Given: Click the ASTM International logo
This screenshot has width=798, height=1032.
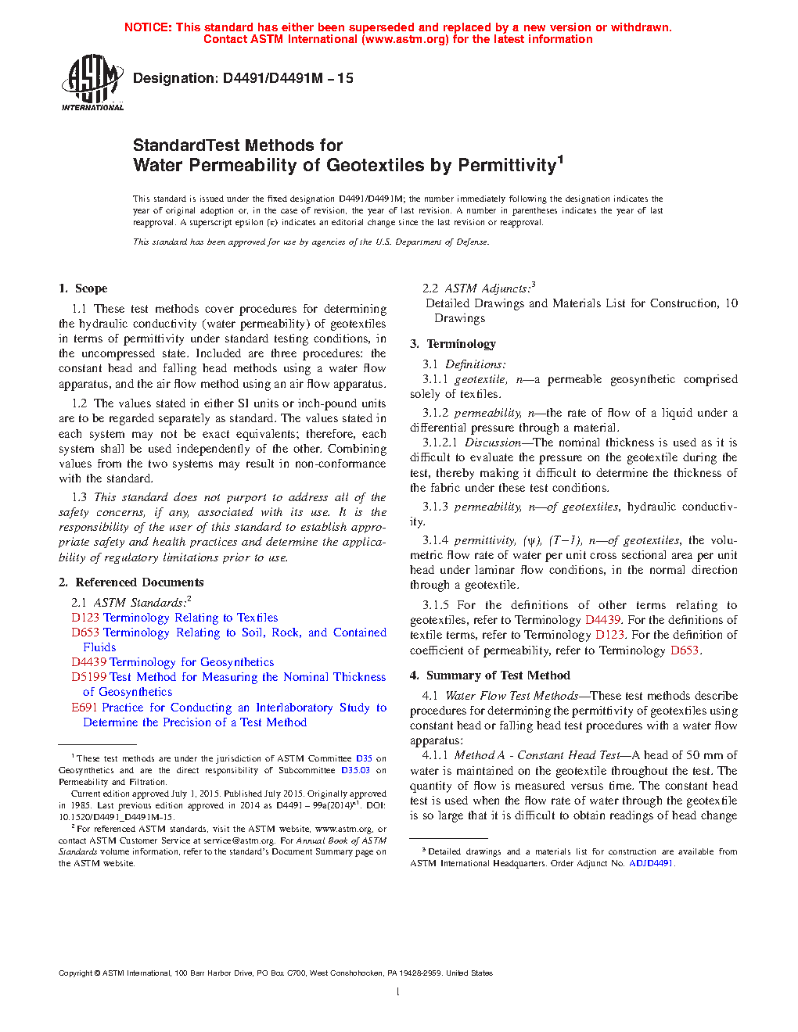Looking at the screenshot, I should (92, 81).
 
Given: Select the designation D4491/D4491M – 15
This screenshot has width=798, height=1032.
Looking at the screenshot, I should (288, 78).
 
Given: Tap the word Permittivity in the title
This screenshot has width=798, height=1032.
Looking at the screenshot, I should (506, 166).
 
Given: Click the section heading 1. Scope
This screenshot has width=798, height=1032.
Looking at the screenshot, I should (83, 288).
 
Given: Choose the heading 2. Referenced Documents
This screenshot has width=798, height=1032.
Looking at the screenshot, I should (131, 582).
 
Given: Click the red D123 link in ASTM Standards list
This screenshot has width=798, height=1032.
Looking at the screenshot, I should (85, 618).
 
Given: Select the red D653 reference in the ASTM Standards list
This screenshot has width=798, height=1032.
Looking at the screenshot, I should (85, 632).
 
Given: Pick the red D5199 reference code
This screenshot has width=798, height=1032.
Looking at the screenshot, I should (89, 677).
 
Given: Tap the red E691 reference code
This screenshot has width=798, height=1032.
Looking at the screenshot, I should (84, 708).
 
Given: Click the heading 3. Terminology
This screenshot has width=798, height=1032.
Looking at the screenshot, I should (453, 344).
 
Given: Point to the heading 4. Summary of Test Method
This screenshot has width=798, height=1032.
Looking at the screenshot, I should (491, 675).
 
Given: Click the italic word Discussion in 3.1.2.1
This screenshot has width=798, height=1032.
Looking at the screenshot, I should (493, 443).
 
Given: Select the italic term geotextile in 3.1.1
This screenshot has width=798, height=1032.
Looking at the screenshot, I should (480, 379).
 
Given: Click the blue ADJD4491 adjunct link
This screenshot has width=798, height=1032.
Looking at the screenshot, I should (651, 863).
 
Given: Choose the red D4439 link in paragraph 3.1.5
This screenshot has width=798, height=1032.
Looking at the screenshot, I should (602, 620).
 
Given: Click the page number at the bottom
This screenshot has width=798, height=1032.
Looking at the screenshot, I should (398, 992).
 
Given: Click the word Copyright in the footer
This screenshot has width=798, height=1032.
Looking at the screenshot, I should (75, 973).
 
